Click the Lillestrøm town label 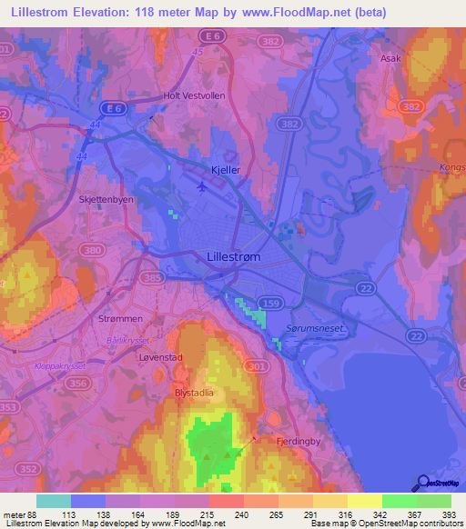click(235, 258)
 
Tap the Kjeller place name click(225, 170)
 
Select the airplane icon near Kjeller click(202, 186)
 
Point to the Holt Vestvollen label click(196, 95)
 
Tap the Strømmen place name click(116, 320)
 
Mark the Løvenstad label click(161, 357)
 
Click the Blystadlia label click(194, 393)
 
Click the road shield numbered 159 click(271, 300)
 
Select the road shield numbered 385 click(153, 276)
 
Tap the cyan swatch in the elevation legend click(53, 501)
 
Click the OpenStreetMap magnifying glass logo click(422, 484)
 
